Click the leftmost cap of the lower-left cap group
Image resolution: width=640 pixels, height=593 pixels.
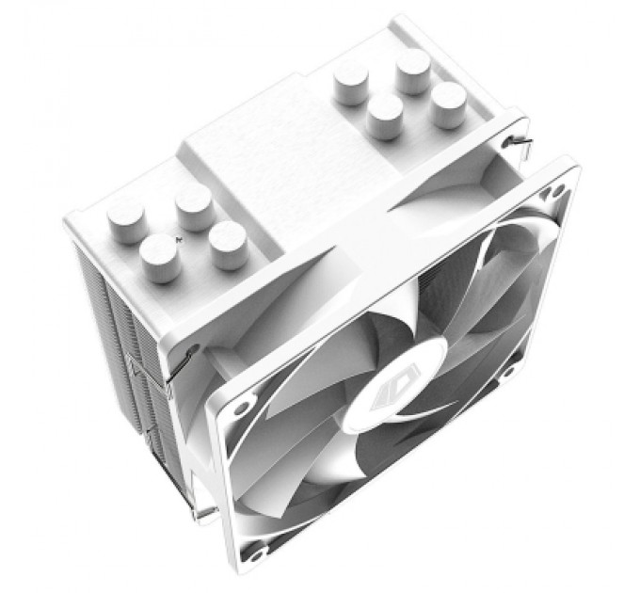pyautogui.click(x=125, y=222)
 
